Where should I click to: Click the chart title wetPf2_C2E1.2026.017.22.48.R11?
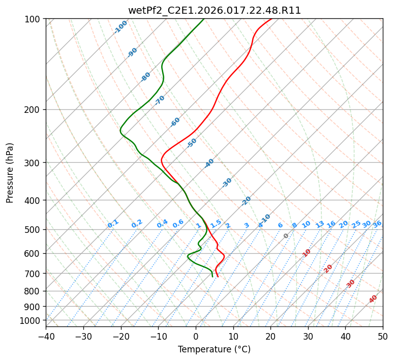[x=214, y=10]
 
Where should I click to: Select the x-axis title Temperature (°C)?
[x=214, y=350]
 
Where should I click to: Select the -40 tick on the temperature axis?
[x=46, y=337]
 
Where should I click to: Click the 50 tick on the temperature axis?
[x=383, y=337]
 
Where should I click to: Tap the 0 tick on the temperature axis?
[x=196, y=337]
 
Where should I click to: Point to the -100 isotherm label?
[x=120, y=27]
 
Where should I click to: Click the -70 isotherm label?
[x=160, y=100]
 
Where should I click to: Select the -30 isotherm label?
[x=227, y=183]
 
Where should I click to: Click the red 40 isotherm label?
[x=373, y=299]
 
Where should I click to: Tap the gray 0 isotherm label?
[x=286, y=236]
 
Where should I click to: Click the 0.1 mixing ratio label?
[x=113, y=223]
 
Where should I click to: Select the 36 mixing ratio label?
[x=377, y=224]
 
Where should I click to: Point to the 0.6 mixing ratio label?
[x=178, y=224]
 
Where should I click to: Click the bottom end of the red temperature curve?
[x=218, y=277]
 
